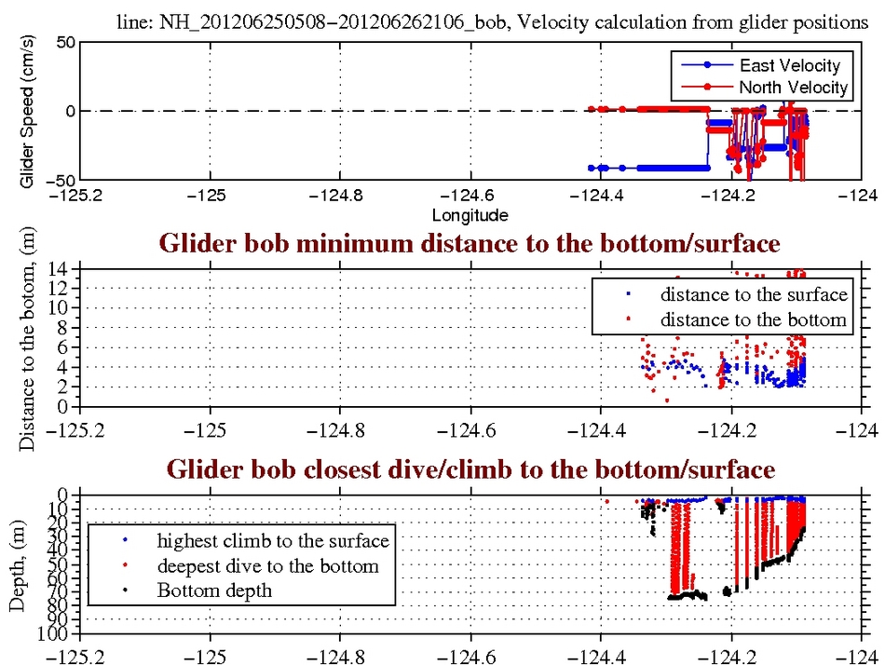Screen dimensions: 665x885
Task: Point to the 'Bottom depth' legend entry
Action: pyautogui.click(x=214, y=590)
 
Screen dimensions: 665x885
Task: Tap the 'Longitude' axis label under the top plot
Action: pyautogui.click(x=470, y=216)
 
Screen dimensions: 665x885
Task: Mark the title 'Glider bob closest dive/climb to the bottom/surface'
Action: pyautogui.click(x=470, y=470)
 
